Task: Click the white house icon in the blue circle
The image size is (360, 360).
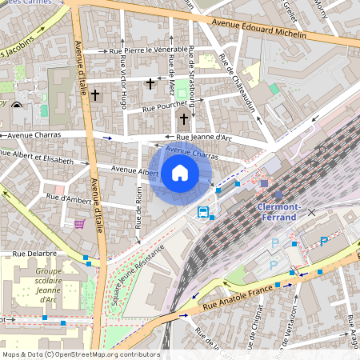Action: pos(180,173)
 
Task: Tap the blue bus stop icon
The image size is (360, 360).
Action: pos(203,213)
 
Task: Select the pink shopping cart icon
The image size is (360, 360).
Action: pos(79,224)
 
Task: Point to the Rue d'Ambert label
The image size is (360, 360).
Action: pos(69,197)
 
